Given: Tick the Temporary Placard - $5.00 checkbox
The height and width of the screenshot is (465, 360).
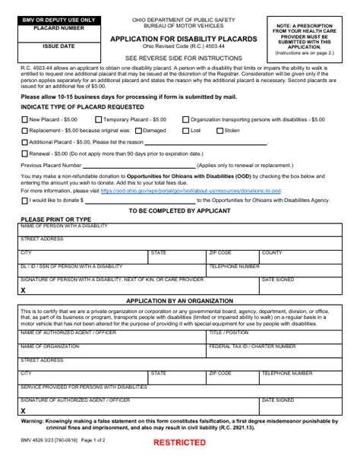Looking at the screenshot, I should point(99,119).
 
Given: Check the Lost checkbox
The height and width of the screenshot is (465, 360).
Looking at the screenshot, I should point(185,131).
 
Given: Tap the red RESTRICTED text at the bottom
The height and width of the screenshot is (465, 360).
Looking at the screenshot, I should point(179,441).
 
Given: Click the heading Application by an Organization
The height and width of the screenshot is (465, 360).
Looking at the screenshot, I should point(179,301).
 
